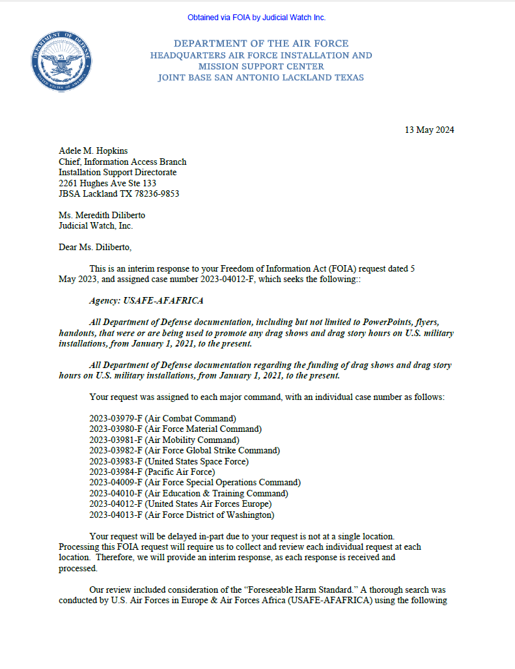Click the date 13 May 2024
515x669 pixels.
coord(429,130)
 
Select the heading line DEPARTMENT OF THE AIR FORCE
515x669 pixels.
coord(260,44)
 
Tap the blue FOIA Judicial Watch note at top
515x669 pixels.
coord(257,18)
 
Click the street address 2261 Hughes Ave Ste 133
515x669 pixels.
coord(107,183)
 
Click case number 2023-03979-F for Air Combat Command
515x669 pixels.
coord(115,418)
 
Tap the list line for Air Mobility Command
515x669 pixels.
coord(164,440)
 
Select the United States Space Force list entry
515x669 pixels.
coord(169,461)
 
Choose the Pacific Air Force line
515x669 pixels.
coord(152,472)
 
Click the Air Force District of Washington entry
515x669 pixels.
coord(182,515)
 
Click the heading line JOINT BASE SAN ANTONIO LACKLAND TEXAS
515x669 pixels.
coord(260,78)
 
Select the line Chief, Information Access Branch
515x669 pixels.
coord(122,162)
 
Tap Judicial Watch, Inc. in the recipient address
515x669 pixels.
coord(96,225)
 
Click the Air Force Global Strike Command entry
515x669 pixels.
coord(184,450)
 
